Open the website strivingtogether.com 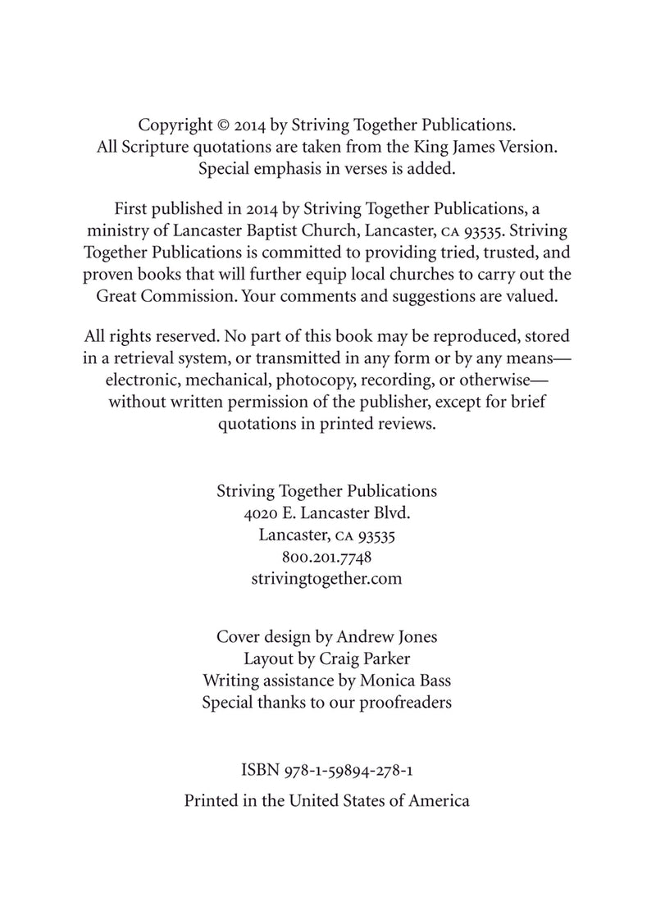(x=326, y=579)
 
